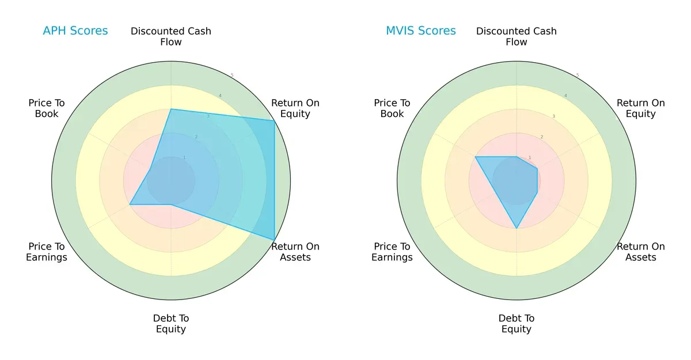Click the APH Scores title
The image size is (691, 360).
(x=75, y=31)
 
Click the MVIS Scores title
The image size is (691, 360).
(x=420, y=31)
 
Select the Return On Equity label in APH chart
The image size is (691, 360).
(x=295, y=108)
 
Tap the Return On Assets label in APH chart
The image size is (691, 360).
(x=295, y=252)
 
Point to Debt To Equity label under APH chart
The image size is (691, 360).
(x=171, y=324)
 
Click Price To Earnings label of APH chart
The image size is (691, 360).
(x=47, y=252)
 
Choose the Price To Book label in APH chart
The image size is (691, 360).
(x=47, y=108)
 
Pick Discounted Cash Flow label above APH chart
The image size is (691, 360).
(x=171, y=36)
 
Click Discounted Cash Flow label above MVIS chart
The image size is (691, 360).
(x=517, y=36)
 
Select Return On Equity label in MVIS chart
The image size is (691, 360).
(x=640, y=108)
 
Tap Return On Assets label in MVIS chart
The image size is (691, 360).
(x=640, y=252)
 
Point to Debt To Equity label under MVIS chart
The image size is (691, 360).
(x=517, y=324)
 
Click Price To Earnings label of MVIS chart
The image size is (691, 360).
(x=392, y=252)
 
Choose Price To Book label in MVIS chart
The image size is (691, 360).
(x=392, y=108)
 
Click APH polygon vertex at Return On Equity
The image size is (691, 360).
(x=274, y=120)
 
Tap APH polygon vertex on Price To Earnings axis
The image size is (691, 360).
(x=130, y=204)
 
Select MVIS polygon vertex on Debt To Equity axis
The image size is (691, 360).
(x=517, y=229)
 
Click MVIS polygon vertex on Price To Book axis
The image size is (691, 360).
(x=475, y=157)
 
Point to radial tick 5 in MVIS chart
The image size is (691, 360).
(x=578, y=75)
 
